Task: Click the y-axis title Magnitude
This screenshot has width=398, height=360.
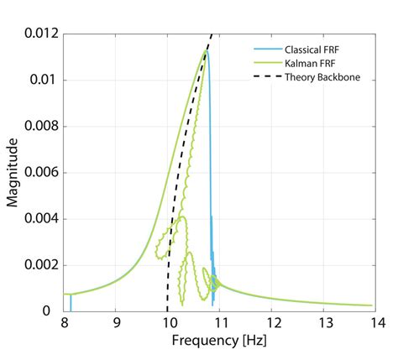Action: point(13,173)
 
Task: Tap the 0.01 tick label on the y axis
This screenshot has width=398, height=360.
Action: point(45,80)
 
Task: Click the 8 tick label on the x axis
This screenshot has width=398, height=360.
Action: point(64,322)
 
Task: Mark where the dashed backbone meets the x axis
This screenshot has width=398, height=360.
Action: point(167,310)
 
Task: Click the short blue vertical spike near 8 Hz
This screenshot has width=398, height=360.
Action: point(71,303)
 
